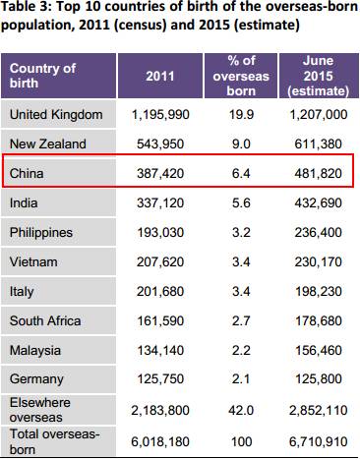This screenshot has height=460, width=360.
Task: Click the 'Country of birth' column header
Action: tap(42, 76)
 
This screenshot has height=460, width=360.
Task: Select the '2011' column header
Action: tap(160, 76)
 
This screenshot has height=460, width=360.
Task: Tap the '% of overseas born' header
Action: tap(241, 76)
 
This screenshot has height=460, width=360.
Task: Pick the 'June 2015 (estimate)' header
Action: tap(318, 76)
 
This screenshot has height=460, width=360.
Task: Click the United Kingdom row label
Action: tap(56, 115)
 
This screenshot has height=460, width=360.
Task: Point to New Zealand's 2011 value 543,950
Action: tap(160, 144)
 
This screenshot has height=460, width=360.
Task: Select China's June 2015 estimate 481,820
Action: tap(318, 173)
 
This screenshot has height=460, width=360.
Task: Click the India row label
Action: tap(24, 202)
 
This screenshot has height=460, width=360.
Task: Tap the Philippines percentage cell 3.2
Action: tap(241, 232)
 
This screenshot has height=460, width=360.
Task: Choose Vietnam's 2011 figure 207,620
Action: tap(160, 261)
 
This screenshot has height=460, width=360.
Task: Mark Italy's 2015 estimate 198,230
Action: tap(318, 291)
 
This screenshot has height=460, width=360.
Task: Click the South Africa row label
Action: tap(45, 320)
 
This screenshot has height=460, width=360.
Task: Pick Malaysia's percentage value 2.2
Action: tap(241, 350)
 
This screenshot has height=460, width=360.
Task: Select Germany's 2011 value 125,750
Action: tap(160, 379)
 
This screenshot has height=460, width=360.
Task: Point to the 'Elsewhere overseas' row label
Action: tap(40, 410)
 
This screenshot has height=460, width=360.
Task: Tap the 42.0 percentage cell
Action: tap(241, 410)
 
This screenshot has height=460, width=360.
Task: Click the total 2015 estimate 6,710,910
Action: tap(318, 441)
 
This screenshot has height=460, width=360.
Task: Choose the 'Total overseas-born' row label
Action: tap(54, 441)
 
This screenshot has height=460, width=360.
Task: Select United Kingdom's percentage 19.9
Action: tap(241, 115)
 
